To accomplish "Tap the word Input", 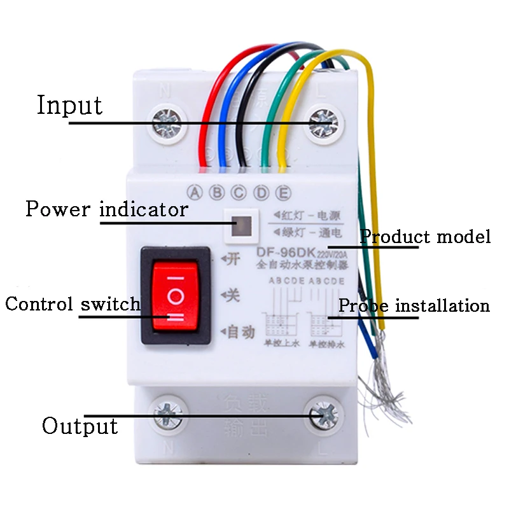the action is (x=69, y=105).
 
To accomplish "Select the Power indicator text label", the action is (x=107, y=209).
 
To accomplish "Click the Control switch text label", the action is (x=73, y=303).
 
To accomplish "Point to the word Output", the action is (x=80, y=425).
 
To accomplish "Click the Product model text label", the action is (x=426, y=237).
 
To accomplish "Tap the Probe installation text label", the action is (x=414, y=305).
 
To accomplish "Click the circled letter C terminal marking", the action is (x=239, y=191).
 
